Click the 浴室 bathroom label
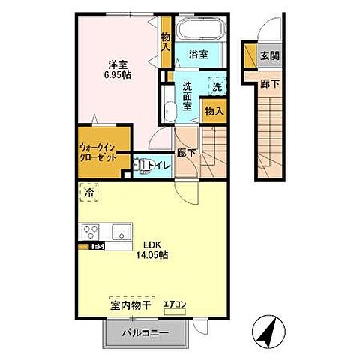coord(198,55)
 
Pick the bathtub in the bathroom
coord(199,30)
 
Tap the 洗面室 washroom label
coord(188,96)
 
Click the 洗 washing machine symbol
coord(216,86)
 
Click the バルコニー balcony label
coord(141,332)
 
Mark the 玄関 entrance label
coord(269,55)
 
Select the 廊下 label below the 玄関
coord(269,84)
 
